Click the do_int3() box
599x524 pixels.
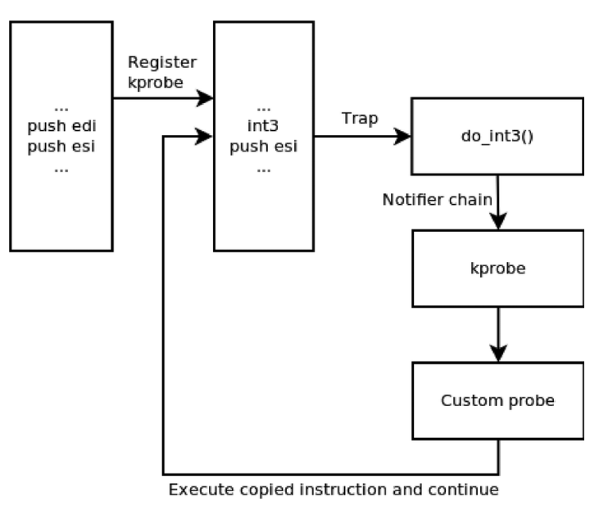(x=497, y=136)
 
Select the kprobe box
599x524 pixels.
(x=497, y=268)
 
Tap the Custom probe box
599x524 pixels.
(x=497, y=401)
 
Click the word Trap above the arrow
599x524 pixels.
(x=360, y=118)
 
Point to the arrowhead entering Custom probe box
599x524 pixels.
(x=497, y=355)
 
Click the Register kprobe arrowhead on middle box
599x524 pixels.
(x=206, y=98)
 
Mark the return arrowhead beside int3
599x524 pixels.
(x=206, y=137)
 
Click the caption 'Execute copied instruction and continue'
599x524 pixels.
(x=334, y=491)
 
